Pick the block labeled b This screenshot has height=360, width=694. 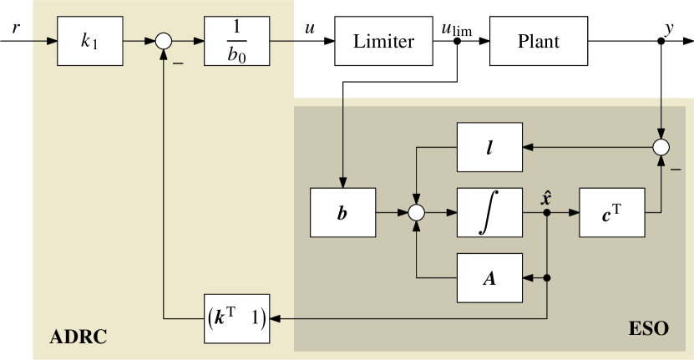click(x=342, y=213)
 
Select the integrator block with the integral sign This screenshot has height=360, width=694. click(x=489, y=213)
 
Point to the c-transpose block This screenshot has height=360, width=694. click(x=612, y=213)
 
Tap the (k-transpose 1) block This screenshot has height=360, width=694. click(x=236, y=318)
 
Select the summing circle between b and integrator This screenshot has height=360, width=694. click(x=416, y=213)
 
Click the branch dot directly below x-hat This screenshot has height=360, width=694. click(x=547, y=213)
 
